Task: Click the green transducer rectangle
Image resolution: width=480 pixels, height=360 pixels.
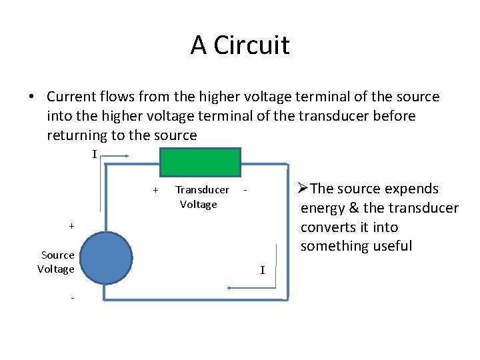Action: tap(200, 161)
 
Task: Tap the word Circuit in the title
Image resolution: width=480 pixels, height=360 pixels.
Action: tap(255, 45)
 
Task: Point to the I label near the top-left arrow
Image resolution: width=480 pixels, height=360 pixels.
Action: tap(94, 155)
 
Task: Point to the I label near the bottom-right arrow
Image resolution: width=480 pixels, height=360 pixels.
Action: tap(262, 270)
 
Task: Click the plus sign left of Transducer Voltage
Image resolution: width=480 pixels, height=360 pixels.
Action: tap(155, 190)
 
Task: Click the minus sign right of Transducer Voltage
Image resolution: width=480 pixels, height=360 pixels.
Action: tap(245, 190)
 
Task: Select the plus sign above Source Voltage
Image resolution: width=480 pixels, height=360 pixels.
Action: tap(71, 226)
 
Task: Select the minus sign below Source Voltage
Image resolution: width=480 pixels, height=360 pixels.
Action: tap(71, 297)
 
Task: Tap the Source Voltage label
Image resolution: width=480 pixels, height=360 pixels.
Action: tap(57, 262)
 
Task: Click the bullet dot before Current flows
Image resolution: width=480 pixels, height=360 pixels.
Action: tap(32, 97)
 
